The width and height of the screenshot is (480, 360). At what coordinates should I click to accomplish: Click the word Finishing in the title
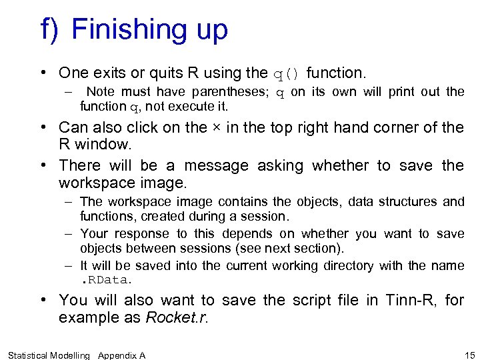click(x=125, y=30)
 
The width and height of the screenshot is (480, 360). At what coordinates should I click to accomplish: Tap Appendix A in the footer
click(x=121, y=355)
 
